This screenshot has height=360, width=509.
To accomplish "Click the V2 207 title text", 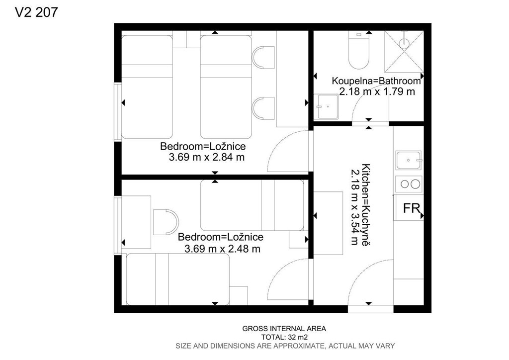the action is point(36,12).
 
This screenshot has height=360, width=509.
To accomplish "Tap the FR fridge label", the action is point(411,208).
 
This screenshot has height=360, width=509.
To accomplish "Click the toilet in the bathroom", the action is point(359,50).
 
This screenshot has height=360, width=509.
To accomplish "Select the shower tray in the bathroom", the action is point(404,51).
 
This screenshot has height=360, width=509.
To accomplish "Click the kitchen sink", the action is point(409,161).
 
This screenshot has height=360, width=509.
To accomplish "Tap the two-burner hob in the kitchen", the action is point(409,184).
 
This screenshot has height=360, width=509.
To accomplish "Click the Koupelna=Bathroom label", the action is point(376,81).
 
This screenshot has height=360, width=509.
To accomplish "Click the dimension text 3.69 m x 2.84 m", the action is point(207,158).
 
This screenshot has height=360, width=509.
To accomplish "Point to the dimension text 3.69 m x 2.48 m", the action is point(222,249).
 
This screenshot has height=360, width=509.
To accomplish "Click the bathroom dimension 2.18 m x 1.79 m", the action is point(377,91).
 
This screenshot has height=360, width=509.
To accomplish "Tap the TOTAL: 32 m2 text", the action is point(284,337).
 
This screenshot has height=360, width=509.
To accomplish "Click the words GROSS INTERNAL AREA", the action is point(284,329).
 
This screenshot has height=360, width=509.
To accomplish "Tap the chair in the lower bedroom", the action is point(166,222).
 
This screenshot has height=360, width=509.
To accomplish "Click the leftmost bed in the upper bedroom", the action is point(147,87).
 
